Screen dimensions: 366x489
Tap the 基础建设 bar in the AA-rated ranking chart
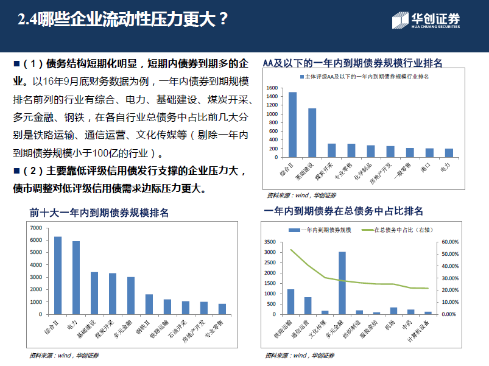coord(312,133)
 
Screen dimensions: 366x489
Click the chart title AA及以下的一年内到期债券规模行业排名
coord(352,63)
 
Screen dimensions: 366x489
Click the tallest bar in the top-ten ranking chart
coord(58,275)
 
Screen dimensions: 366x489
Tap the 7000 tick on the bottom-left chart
coord(36,228)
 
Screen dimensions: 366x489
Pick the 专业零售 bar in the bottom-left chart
coord(222,309)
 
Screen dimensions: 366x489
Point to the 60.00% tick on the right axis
coord(449,242)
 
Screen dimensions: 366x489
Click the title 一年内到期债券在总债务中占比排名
coord(343,211)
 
